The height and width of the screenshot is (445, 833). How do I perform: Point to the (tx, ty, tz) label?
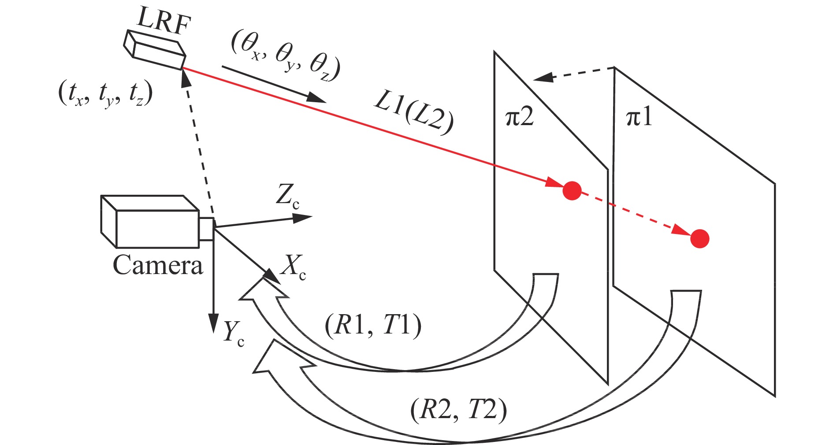click(x=105, y=94)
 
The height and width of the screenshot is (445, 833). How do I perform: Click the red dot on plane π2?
click(x=572, y=191)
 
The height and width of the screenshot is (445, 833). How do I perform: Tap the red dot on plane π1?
click(x=699, y=239)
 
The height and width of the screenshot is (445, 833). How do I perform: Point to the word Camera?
click(x=158, y=265)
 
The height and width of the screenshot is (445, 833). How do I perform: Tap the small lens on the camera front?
click(x=206, y=229)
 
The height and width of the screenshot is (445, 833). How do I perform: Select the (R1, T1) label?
click(x=373, y=326)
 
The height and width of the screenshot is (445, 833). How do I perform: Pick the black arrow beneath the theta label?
click(x=273, y=84)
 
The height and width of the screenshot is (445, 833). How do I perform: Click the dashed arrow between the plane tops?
click(x=573, y=74)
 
